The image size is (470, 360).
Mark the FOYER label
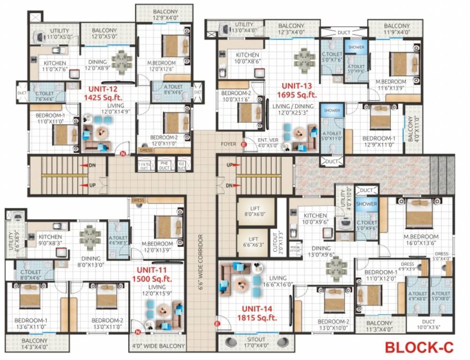pyautogui.click(x=229, y=144)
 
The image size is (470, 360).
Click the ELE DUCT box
pyautogui.click(x=181, y=165)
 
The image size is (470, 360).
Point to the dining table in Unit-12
pyautogui.click(x=121, y=61)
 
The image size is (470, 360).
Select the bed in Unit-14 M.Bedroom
pyautogui.click(x=419, y=213)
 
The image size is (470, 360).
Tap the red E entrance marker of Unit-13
pyautogui.click(x=243, y=145)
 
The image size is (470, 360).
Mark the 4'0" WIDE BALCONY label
pyautogui.click(x=158, y=347)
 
